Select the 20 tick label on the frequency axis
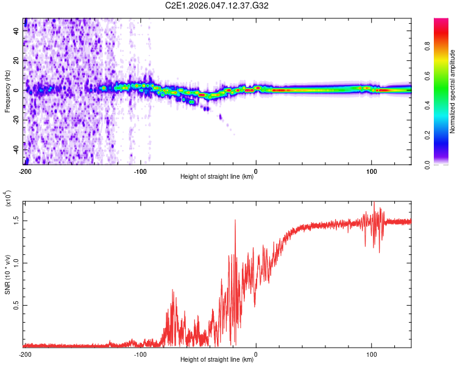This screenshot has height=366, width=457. tap(18, 60)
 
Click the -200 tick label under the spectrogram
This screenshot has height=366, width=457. tap(25, 171)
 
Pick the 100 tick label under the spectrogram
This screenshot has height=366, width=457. tap(371, 171)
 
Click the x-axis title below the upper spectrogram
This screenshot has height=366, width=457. tap(218, 178)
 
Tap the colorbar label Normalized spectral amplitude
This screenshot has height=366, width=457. tap(453, 91)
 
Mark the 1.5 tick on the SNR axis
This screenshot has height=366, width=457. tap(16, 220)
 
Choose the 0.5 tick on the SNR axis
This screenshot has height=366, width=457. tap(16, 306)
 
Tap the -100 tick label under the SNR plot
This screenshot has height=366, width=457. tap(141, 354)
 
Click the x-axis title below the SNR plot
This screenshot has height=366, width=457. tap(218, 360)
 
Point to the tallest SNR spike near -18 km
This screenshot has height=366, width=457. tap(235, 221)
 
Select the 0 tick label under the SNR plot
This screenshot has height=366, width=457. tap(256, 354)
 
